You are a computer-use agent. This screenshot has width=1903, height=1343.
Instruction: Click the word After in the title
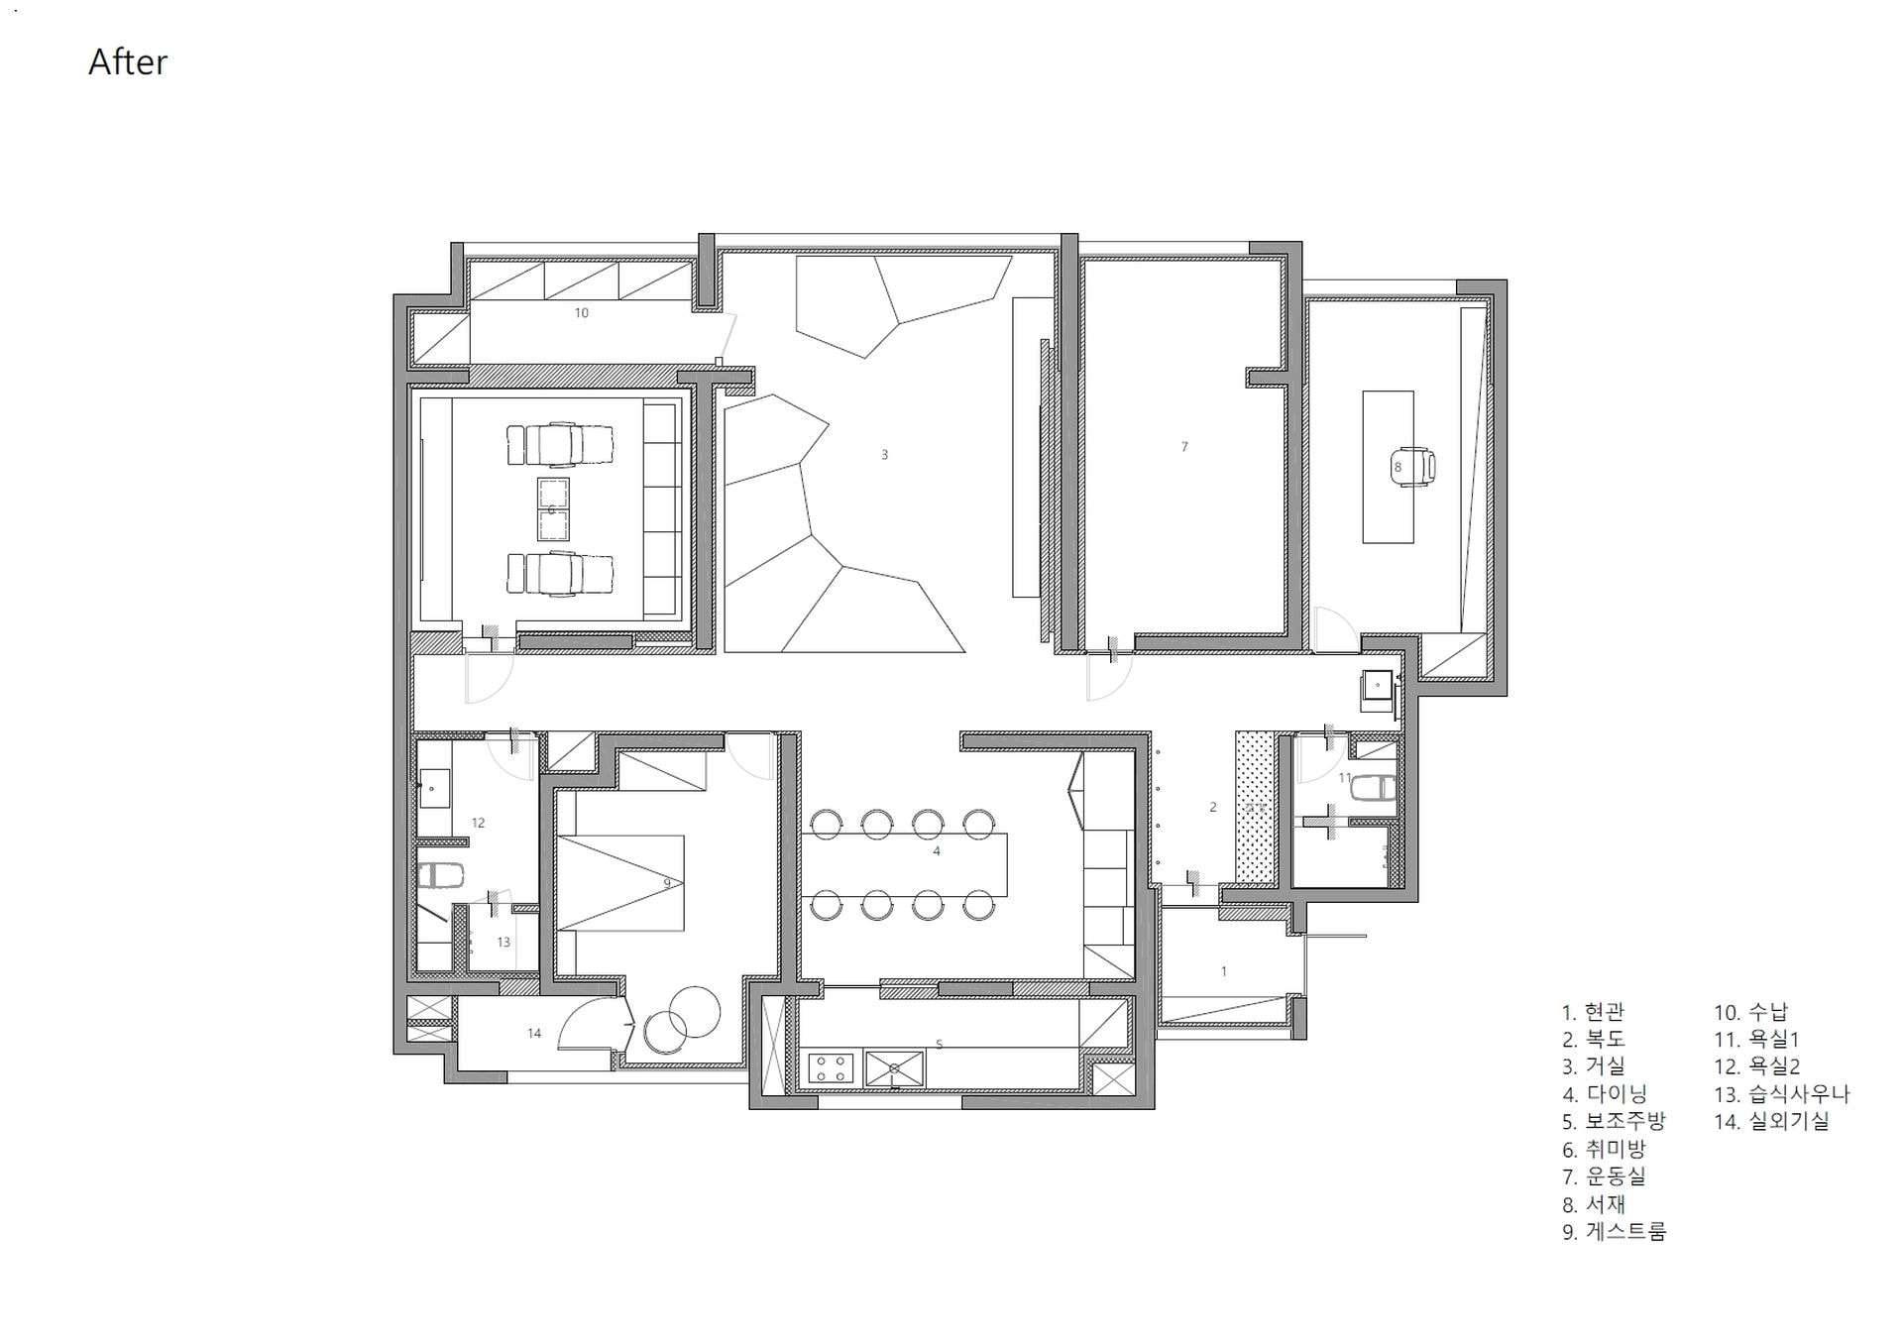(128, 61)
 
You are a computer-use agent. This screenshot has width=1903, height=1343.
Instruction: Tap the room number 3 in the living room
(885, 455)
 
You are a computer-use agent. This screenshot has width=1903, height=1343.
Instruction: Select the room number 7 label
(1184, 447)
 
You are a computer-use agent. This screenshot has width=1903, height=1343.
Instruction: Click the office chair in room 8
(1412, 466)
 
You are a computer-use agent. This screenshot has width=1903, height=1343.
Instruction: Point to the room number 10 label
(582, 313)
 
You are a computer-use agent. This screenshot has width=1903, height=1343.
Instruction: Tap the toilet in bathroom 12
(440, 876)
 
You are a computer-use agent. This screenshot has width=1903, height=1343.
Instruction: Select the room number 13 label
(504, 943)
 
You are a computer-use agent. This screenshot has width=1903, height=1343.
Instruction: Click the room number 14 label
(534, 1034)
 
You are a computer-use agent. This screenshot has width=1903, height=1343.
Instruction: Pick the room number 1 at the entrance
(1224, 971)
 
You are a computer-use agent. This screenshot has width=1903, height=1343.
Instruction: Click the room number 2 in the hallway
(1213, 808)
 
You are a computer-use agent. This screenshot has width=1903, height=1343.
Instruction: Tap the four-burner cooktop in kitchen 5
(831, 1067)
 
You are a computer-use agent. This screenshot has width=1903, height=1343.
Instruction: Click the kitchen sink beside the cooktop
(895, 1067)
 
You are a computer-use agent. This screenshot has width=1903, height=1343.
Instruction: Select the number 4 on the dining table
(937, 851)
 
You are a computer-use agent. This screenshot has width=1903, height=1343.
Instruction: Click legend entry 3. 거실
(1594, 1066)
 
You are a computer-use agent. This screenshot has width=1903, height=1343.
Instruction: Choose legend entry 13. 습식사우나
(1782, 1094)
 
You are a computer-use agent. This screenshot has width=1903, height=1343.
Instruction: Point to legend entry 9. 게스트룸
(1615, 1232)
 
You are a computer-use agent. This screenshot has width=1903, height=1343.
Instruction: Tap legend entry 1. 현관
(1594, 1012)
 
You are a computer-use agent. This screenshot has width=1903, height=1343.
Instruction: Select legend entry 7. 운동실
(1604, 1176)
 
